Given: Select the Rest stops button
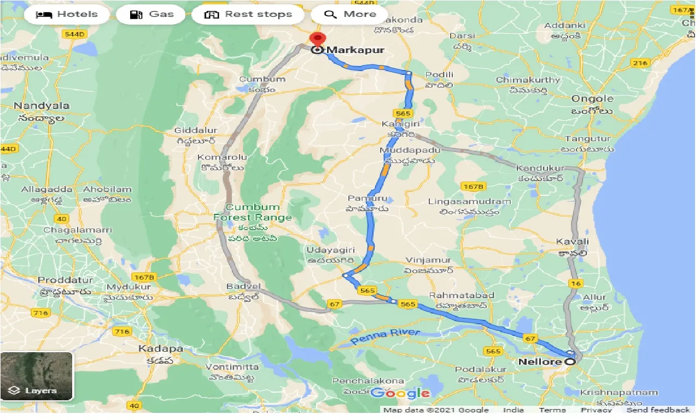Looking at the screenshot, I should pyautogui.click(x=248, y=15).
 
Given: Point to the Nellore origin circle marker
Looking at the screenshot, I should pyautogui.click(x=570, y=362).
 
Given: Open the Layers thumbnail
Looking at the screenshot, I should pyautogui.click(x=37, y=376).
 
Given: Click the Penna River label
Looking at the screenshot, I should pyautogui.click(x=385, y=337).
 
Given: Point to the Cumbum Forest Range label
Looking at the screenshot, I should pyautogui.click(x=252, y=212).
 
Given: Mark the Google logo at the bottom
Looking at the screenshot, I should pyautogui.click(x=400, y=393).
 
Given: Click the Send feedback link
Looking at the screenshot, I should pyautogui.click(x=658, y=410).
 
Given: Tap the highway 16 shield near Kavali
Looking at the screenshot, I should pyautogui.click(x=575, y=283).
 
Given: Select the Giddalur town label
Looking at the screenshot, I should pyautogui.click(x=195, y=131).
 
